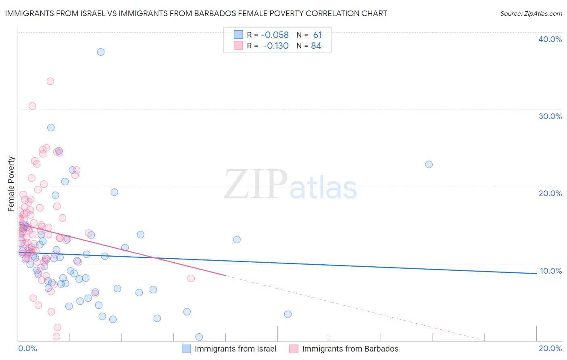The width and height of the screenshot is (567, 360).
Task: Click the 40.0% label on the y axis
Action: [550, 39]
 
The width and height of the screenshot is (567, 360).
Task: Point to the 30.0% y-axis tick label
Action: [550, 116]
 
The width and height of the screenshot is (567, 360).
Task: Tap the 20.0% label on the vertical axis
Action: [550, 193]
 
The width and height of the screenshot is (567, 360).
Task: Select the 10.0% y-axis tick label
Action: [550, 271]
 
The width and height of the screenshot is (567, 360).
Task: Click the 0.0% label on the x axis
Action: [27, 348]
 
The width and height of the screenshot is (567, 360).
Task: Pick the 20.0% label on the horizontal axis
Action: [550, 348]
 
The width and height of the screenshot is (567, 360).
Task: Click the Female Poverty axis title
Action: [11, 184]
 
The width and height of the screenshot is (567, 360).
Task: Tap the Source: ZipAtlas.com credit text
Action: [531, 14]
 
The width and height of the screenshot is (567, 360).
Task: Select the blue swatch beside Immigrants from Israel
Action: [186, 349]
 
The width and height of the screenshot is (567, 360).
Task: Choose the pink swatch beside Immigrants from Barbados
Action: [294, 349]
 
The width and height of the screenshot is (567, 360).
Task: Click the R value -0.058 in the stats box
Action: [275, 35]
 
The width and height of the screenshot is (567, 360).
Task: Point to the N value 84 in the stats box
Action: [316, 46]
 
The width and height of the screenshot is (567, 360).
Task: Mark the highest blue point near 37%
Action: [101, 52]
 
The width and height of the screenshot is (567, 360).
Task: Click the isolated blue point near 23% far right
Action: [429, 165]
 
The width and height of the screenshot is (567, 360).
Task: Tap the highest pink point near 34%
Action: [50, 81]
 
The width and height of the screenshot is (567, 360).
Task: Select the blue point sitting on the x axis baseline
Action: [199, 337]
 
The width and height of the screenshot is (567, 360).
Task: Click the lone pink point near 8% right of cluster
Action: [191, 278]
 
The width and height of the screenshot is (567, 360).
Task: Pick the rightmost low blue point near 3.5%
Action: [288, 314]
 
